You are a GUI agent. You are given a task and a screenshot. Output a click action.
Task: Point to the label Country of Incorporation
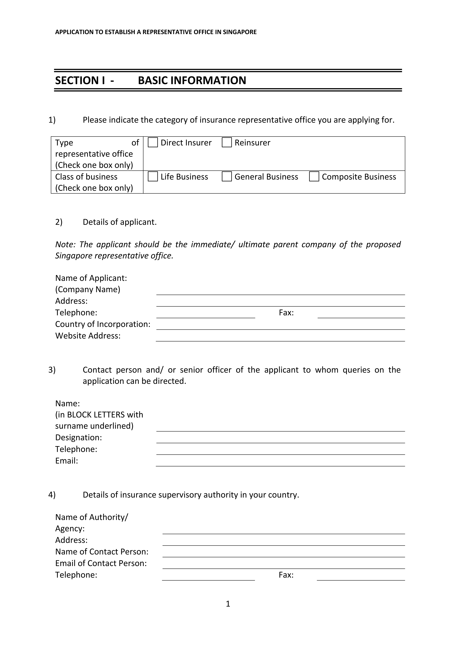pos(103,324)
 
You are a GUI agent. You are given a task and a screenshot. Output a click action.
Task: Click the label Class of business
pos(86,177)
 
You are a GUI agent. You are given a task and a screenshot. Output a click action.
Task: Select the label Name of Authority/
pos(92,517)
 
